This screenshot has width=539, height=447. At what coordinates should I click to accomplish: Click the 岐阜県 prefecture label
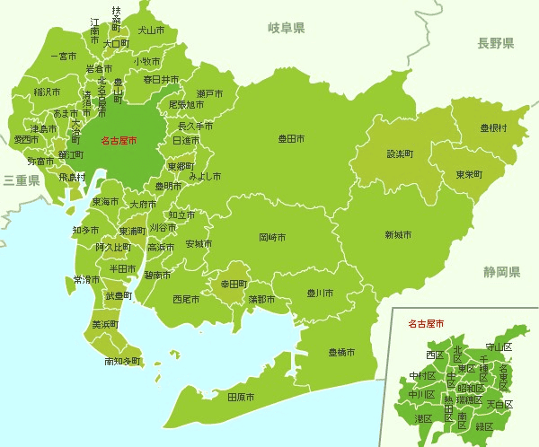287,29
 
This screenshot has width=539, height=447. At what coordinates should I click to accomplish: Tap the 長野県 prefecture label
495,43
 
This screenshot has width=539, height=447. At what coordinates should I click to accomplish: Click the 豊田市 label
291,139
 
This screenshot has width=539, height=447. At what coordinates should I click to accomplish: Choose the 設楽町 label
400,154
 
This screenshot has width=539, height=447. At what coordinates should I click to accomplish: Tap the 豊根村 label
493,128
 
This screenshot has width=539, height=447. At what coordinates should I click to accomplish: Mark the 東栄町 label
468,174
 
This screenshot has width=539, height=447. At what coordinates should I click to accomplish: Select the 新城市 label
398,234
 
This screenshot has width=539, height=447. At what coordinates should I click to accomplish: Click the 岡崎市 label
272,238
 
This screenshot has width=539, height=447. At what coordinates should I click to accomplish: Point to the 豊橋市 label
340,352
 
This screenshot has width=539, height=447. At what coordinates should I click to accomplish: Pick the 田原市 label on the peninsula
240,397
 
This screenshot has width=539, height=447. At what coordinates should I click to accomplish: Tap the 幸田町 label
234,284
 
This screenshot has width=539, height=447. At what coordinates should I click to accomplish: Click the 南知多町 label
122,362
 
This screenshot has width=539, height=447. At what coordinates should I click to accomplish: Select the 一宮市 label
64,57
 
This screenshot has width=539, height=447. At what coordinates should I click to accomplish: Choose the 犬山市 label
151,30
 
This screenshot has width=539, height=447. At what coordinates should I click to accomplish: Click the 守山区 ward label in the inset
498,346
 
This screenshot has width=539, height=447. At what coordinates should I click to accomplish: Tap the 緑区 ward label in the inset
484,425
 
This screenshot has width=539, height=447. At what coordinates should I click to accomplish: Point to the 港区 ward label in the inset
422,418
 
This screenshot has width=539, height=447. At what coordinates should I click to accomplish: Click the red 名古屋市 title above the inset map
426,321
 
